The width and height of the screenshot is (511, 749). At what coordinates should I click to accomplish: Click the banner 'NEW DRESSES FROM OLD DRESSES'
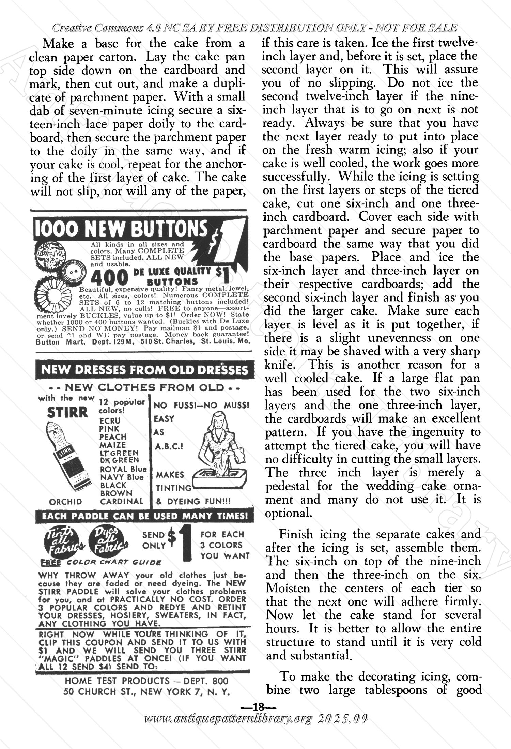(145, 370)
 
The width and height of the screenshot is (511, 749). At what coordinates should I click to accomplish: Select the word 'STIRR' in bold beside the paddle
(67, 413)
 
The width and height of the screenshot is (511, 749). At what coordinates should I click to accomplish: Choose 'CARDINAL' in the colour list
(122, 501)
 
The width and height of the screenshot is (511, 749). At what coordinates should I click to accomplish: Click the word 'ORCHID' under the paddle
(66, 502)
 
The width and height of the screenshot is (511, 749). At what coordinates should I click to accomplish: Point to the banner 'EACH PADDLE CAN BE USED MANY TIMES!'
(145, 516)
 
